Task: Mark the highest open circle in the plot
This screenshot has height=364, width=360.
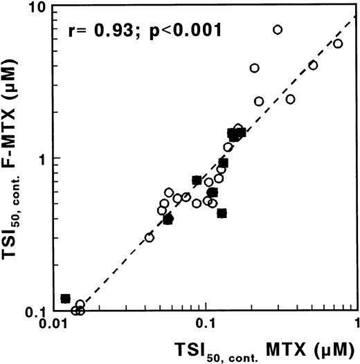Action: click(278, 30)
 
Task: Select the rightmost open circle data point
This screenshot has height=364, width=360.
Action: click(338, 44)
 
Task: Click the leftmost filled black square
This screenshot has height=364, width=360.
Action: click(66, 298)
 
